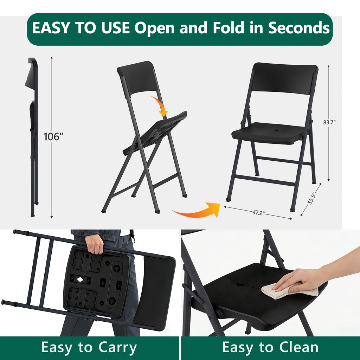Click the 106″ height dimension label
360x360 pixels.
tap(53, 136)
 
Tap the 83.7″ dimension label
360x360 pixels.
tap(329, 122)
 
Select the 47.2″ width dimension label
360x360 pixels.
tap(258, 213)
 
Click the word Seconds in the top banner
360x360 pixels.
tap(299, 28)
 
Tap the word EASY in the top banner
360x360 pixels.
tap(51, 28)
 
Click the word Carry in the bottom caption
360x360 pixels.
tap(117, 348)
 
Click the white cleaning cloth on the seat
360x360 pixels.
tap(289, 291)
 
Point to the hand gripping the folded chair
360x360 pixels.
tap(94, 244)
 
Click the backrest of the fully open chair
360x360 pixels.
tap(285, 78)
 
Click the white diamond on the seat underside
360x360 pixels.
tap(80, 279)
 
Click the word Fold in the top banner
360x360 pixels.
tap(228, 28)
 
